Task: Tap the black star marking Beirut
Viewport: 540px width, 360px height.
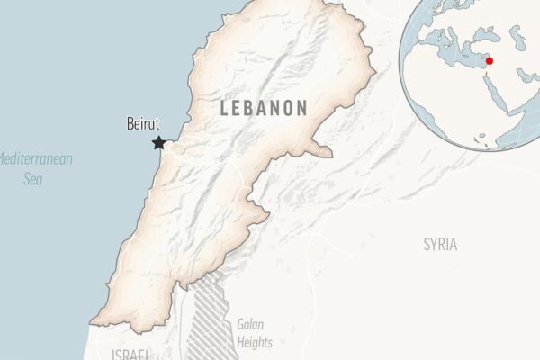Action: [159, 142]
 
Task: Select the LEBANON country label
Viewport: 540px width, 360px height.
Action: [264, 108]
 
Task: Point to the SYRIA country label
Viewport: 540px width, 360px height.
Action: [440, 244]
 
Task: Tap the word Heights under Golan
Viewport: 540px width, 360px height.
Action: [254, 342]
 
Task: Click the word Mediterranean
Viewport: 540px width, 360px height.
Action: [34, 159]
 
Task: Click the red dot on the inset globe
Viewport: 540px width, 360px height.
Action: [490, 60]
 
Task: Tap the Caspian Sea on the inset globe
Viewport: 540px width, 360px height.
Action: [519, 36]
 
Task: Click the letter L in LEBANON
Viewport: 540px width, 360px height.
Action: [225, 108]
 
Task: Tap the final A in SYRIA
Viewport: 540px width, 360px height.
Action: [453, 244]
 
